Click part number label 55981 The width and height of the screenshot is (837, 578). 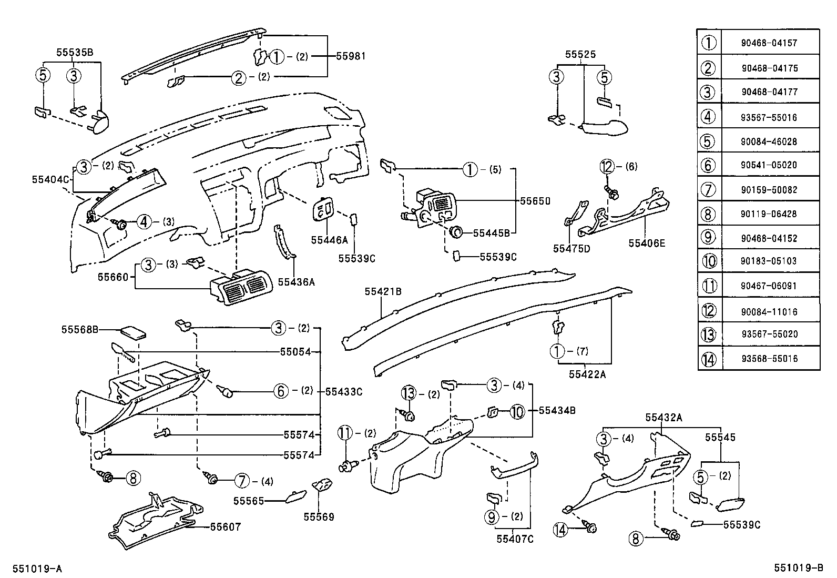(350, 56)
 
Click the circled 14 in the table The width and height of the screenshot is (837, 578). (709, 359)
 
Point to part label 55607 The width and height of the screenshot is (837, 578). (225, 526)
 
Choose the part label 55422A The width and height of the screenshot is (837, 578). (587, 374)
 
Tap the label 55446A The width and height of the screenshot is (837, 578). (330, 240)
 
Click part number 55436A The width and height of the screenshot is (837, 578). (296, 282)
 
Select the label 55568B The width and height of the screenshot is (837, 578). (80, 330)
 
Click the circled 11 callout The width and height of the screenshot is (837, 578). (344, 433)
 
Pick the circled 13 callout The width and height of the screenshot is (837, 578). (409, 393)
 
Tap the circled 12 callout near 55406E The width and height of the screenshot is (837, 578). (607, 167)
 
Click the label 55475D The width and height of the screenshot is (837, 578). (571, 248)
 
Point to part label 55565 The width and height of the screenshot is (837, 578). (249, 501)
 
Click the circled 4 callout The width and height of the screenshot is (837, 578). (144, 222)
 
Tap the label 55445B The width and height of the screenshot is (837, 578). (491, 233)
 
